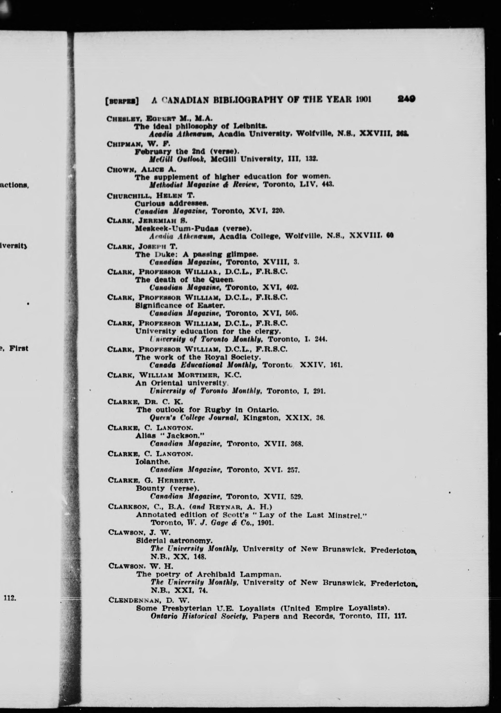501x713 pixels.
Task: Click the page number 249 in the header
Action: click(406, 99)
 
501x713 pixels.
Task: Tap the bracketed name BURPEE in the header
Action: click(122, 101)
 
